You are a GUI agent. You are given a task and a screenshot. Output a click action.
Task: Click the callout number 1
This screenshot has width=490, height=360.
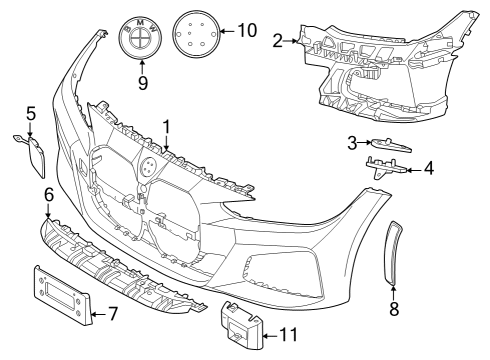point(167,127)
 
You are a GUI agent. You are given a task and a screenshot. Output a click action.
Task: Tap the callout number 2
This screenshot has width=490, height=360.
point(277,40)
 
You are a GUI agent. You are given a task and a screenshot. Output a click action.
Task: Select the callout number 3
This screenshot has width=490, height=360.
point(352,142)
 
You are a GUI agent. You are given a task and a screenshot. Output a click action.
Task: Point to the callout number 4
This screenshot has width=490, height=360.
point(428,169)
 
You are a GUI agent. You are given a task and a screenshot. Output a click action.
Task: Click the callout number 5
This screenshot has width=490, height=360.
point(30,113)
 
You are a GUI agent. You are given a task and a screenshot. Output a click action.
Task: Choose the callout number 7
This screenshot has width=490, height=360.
point(113,314)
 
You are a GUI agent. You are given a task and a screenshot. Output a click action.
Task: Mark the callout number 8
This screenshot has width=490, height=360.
point(393,309)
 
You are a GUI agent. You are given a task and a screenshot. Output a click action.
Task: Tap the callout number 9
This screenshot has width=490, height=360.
point(142,82)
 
